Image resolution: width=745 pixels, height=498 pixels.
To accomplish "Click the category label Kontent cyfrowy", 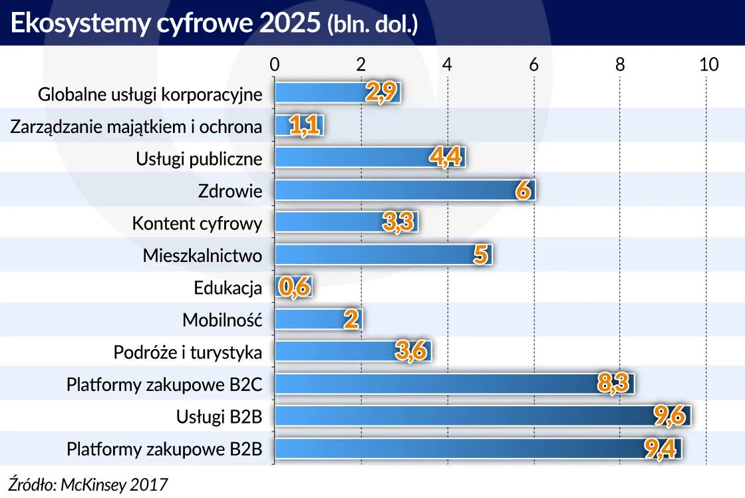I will click(x=197, y=223).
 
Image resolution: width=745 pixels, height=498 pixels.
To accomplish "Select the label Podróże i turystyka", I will click(x=188, y=352).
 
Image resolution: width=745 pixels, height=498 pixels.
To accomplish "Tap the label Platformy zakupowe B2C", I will click(x=164, y=384).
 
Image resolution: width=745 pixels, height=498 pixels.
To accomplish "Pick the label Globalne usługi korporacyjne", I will click(x=150, y=94).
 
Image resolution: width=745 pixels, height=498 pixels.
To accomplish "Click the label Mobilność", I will click(x=222, y=320).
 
